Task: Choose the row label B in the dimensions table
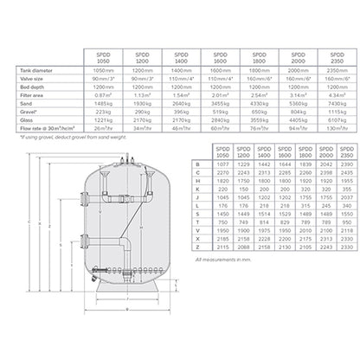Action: [200, 163]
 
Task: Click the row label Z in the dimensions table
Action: [200, 249]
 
